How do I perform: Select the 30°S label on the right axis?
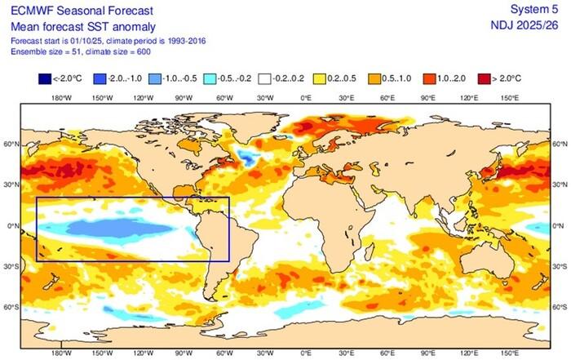(x=561, y=266)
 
